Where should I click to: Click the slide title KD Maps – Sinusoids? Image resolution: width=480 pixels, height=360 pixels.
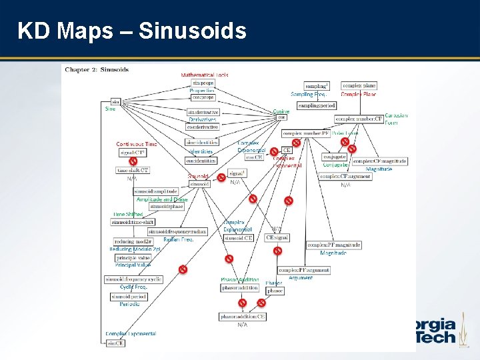coord(131,31)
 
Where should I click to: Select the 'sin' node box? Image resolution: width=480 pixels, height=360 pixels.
coord(115,101)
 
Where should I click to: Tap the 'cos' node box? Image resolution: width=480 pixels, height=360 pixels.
coord(281,117)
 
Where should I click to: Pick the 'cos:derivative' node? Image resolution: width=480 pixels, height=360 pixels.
coord(202,127)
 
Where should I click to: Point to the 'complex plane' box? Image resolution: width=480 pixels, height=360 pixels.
coord(359,85)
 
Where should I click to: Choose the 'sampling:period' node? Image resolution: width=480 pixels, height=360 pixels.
coord(317,105)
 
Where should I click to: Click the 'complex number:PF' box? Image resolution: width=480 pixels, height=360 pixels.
coord(305,133)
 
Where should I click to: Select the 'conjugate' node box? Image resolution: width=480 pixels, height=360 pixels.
coord(335,157)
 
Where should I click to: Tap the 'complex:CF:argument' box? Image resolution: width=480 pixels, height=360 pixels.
coord(345,176)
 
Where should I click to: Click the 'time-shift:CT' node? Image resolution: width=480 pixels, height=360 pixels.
coord(133,171)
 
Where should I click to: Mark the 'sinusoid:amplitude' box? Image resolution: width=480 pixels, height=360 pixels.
coord(155,191)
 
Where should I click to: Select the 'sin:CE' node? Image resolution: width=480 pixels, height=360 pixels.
coord(115,343)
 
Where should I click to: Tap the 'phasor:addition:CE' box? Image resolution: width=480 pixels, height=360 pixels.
coord(243,316)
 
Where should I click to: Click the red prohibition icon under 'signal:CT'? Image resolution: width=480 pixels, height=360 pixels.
coord(133,161)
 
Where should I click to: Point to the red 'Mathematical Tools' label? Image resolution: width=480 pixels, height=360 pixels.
coord(204,75)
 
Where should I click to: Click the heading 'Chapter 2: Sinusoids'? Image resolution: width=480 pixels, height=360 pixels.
coord(96,69)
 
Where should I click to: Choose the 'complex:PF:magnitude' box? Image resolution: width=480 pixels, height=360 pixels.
coord(334,245)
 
